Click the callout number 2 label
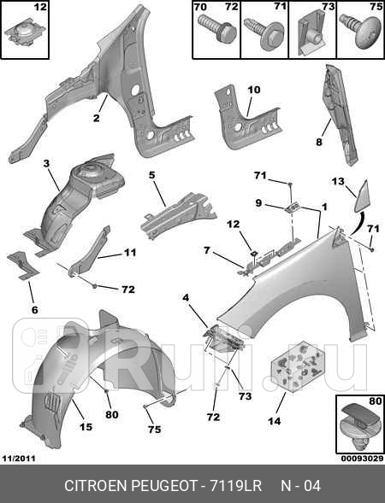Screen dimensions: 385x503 pos(97,118)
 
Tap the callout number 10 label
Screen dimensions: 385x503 pos(254,90)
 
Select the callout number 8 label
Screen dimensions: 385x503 pos(319,142)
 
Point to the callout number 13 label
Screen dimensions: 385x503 pos(338,182)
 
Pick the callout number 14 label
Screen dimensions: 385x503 pos(275,421)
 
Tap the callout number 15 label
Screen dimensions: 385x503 pos(86,427)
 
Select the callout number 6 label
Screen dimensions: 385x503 pos(35,310)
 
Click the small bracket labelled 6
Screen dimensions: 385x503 pos(23,266)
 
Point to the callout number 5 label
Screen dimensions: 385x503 pos(151,175)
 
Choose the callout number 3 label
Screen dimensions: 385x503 pos(46,164)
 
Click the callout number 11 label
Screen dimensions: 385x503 pos(130,253)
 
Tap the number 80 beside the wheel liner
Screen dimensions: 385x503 pos(112,414)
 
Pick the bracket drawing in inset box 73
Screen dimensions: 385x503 pos(311,32)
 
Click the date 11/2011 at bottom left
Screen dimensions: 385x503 pos(19,459)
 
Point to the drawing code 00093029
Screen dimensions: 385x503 pos(362,459)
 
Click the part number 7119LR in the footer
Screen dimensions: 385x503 pos(235,486)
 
